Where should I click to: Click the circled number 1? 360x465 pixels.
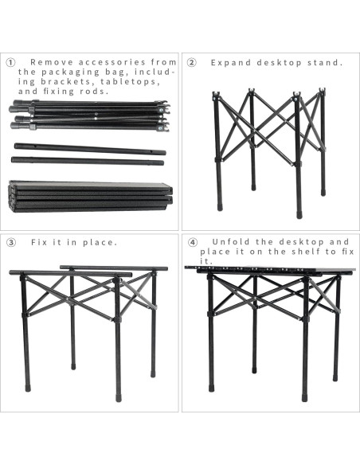click(11, 63)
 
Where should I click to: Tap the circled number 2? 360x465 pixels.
click(192, 63)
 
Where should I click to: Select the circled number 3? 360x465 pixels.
click(11, 243)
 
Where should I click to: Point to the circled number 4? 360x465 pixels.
click(193, 242)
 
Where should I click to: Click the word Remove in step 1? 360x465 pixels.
click(52, 62)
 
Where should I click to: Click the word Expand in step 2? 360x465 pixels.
click(231, 63)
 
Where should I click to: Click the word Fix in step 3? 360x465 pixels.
click(39, 243)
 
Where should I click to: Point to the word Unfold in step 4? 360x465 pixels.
click(231, 242)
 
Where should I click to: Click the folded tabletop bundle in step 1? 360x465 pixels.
click(91, 197)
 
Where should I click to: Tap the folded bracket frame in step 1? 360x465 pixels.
click(89, 116)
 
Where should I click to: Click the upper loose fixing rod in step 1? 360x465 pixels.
click(90, 149)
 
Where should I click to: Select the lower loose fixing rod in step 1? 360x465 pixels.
click(88, 161)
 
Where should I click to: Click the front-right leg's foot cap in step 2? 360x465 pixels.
click(299, 214)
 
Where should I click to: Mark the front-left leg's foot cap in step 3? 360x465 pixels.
click(28, 388)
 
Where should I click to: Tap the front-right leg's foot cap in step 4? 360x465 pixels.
click(305, 397)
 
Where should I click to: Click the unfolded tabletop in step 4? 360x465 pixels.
click(270, 270)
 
